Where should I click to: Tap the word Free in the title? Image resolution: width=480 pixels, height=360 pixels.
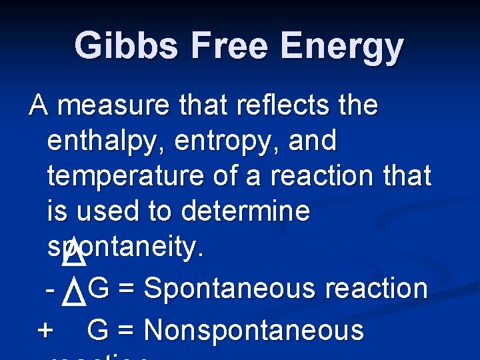(227, 47)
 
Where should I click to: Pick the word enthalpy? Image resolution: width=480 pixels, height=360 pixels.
(107, 141)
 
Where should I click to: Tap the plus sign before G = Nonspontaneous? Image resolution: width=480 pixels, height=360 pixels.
(46, 331)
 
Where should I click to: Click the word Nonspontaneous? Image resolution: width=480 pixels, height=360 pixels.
(254, 331)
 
